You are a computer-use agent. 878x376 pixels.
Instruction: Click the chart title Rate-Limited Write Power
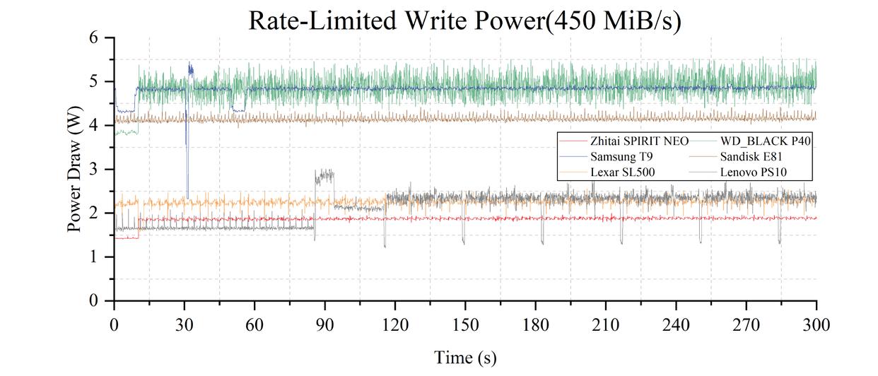click(464, 20)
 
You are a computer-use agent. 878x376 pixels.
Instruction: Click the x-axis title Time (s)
click(465, 358)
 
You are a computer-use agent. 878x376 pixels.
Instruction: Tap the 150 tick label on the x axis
click(465, 324)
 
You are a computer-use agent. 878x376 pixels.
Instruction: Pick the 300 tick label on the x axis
click(816, 324)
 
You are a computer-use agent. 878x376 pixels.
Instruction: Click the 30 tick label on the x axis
click(185, 324)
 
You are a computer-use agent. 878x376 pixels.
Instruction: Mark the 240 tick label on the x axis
click(676, 324)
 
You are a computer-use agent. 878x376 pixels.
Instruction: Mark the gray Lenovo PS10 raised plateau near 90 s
click(324, 176)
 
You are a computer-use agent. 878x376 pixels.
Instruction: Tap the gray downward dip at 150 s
click(464, 240)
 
